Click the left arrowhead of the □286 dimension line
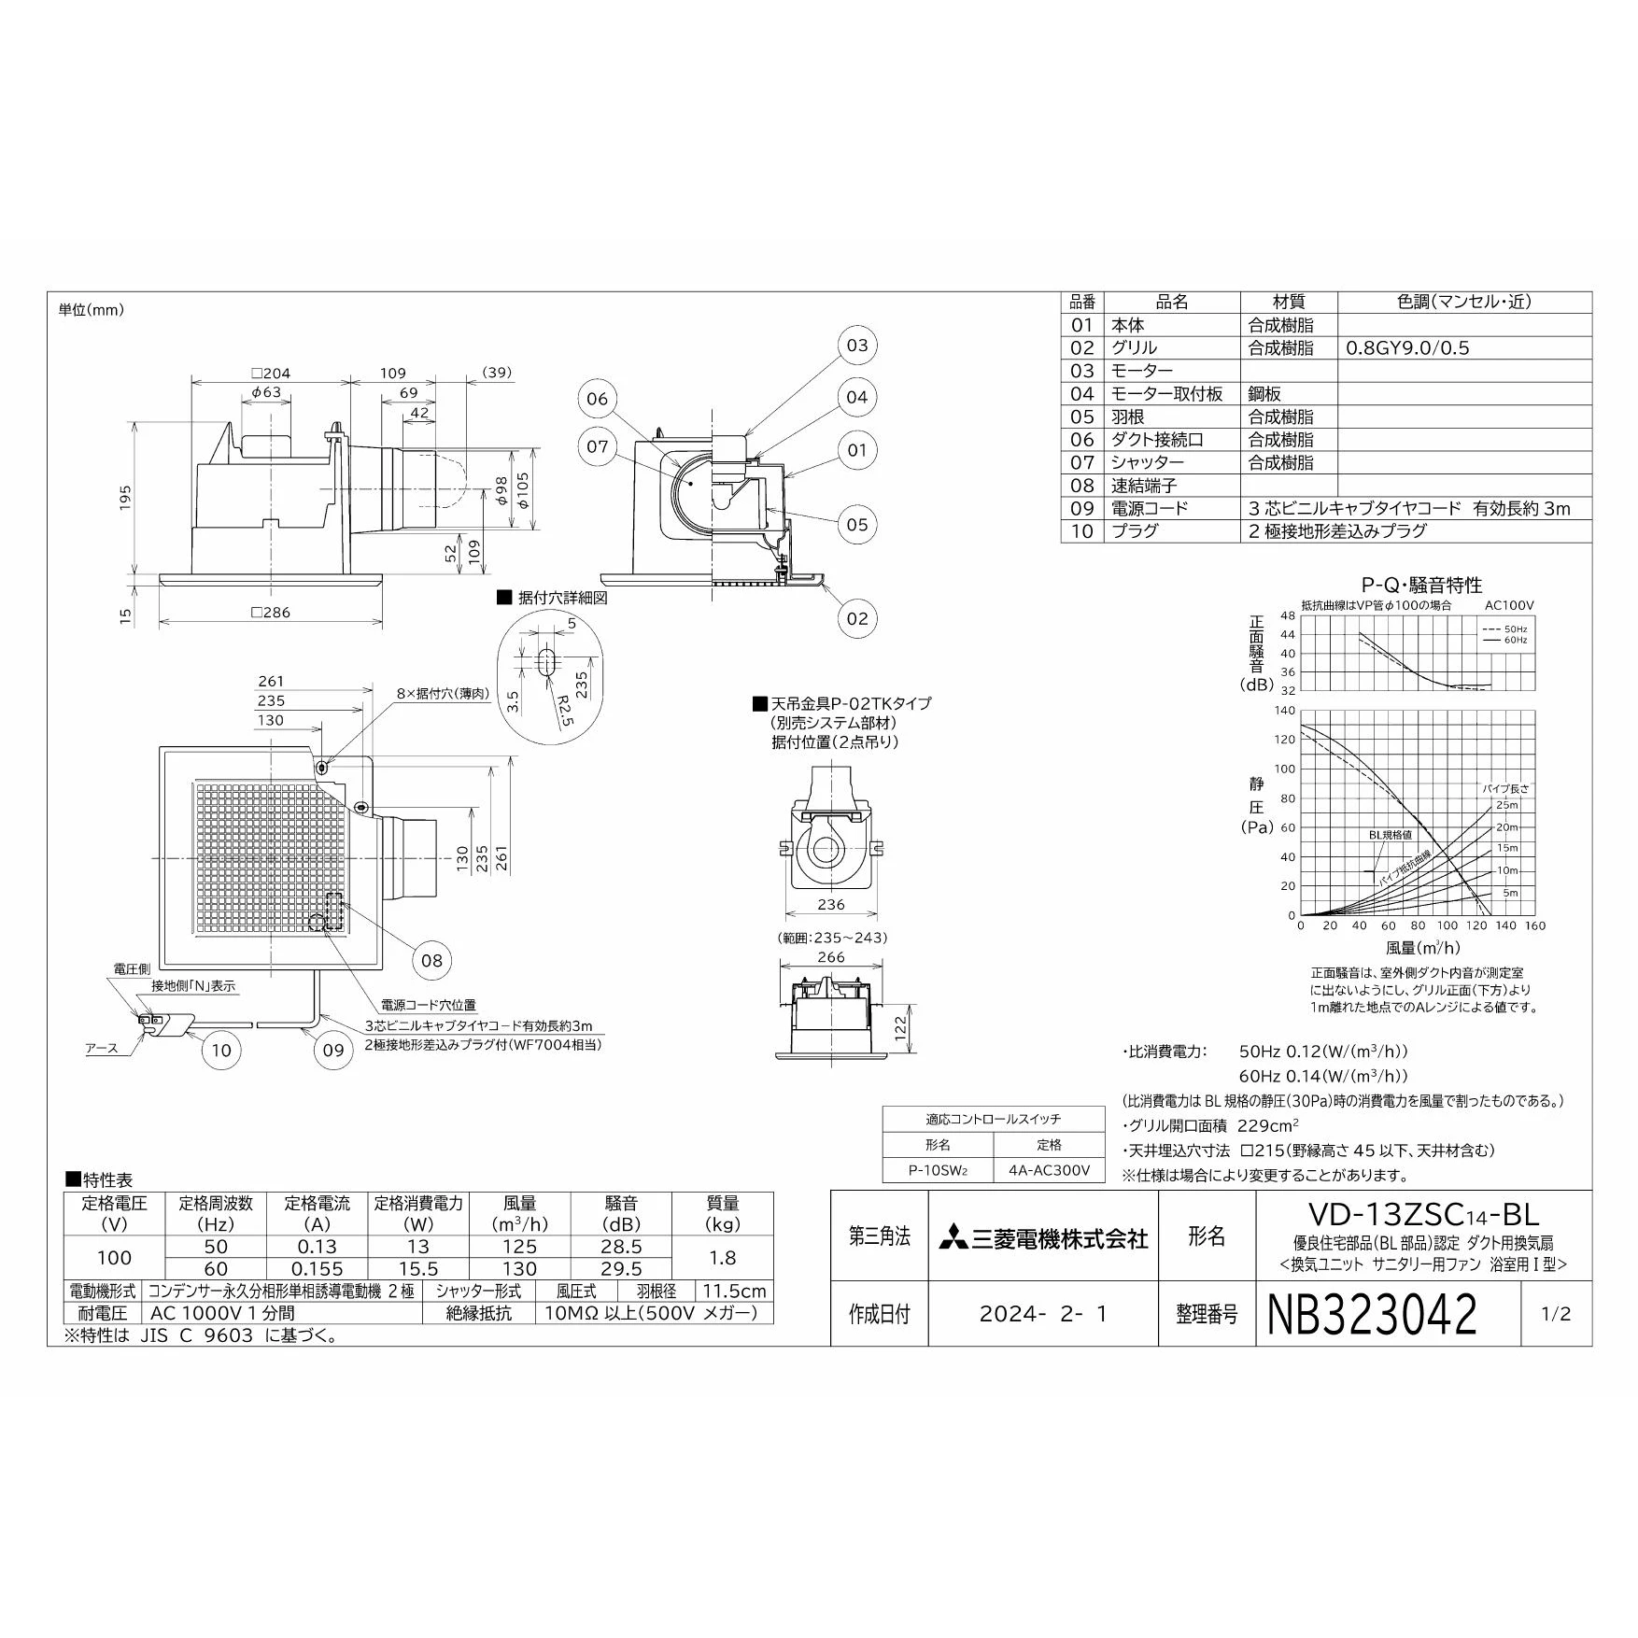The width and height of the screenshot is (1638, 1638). (162, 621)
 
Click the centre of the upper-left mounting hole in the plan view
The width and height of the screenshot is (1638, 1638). (321, 768)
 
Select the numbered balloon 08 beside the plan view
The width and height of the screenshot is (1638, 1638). (431, 960)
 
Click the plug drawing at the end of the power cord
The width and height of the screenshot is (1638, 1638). (159, 1024)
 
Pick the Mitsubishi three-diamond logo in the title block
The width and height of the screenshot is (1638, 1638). (953, 1239)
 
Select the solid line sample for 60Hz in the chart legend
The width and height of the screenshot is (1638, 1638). (1490, 640)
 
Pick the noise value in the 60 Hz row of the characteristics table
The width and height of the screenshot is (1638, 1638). (622, 1268)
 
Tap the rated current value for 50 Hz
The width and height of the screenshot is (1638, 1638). (318, 1247)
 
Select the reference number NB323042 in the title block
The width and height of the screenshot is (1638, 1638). (1372, 1314)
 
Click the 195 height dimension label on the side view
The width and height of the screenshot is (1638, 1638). (125, 496)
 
